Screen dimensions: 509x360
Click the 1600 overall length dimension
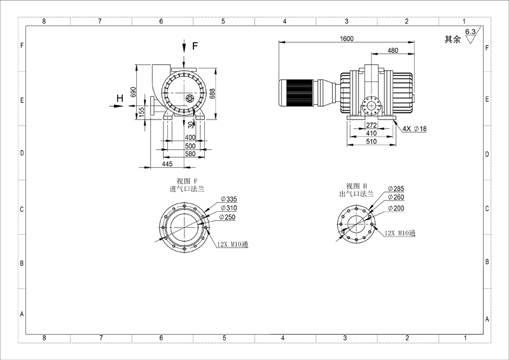pos(346,39)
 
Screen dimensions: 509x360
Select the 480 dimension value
pos(393,50)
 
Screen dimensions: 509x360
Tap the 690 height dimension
pos(133,92)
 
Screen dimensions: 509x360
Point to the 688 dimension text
pos(213,93)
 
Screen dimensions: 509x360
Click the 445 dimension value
pos(167,164)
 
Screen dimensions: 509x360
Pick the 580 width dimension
pos(190,154)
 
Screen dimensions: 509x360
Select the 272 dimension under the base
pos(372,125)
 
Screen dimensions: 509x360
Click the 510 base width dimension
pos(372,141)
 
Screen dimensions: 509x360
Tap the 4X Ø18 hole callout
pos(415,129)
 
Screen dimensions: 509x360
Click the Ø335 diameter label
pos(229,199)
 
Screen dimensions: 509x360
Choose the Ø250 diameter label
pos(228,217)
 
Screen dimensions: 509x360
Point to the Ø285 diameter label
pos(396,189)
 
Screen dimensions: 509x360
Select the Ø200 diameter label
pos(396,208)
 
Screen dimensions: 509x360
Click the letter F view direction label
pos(195,46)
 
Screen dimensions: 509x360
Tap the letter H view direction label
pos(120,98)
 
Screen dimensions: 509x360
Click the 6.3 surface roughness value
pos(470,32)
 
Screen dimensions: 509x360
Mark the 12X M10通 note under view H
pos(400,233)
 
